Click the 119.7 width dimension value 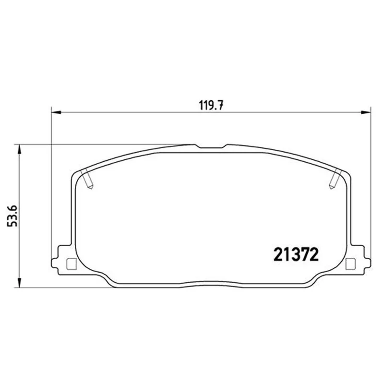click(211, 106)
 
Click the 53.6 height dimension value click(12, 216)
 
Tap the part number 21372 click(296, 254)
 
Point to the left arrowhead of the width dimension click(56, 112)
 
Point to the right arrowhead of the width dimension click(366, 112)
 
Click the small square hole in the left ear click(71, 264)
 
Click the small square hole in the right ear click(350, 264)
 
